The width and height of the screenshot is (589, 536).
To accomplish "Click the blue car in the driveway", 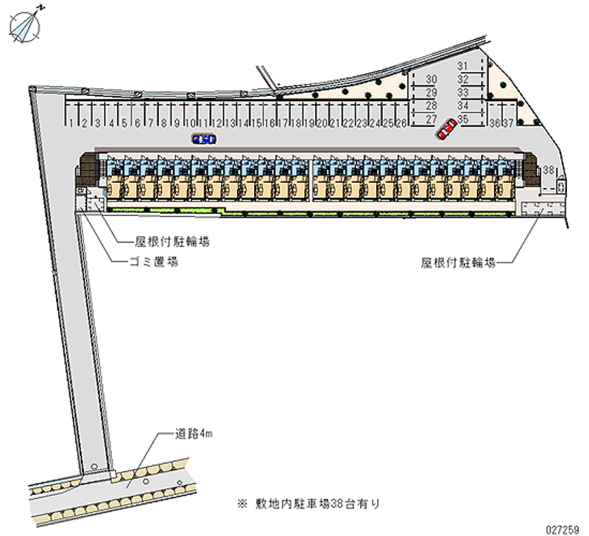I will coord(203,139).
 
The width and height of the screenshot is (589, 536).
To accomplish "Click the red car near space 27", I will coord(445,131).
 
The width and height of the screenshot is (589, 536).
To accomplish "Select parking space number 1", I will coord(71,122).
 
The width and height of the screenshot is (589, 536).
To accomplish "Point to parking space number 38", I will coord(549,170).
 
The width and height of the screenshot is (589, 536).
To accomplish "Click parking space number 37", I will coord(508,122).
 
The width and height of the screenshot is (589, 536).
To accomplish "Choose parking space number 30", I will coord(432,80).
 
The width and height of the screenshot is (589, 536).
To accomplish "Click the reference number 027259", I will coord(564,528).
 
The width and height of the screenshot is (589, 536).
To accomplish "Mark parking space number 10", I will coord(189,122).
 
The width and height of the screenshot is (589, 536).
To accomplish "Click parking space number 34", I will coord(463,106).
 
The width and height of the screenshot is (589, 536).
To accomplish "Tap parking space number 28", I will coord(432,106).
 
